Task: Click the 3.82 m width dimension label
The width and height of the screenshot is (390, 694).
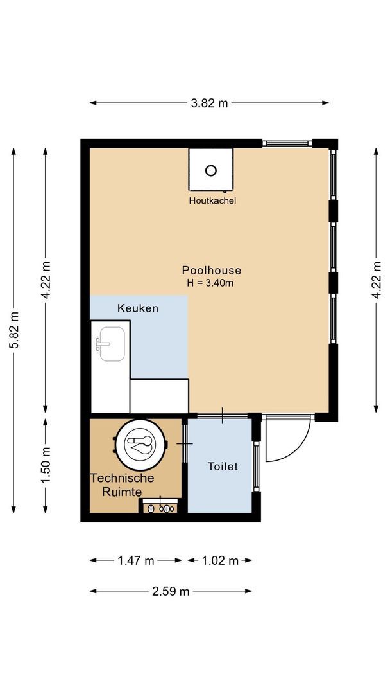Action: pos(209,103)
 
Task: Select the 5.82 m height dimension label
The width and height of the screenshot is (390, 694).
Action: pos(13,330)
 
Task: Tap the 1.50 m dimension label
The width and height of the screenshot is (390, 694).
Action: pos(45,466)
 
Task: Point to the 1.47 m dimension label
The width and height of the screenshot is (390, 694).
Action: pos(135,560)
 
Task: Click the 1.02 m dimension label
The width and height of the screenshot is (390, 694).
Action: pos(220,560)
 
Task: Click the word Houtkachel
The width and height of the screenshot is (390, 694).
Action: pos(212,200)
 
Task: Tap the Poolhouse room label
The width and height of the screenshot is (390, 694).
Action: pos(211,271)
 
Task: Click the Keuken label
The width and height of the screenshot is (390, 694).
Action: pos(137,308)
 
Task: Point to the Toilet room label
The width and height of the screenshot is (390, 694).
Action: pos(223,467)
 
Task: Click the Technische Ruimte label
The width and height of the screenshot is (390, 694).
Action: pos(122,485)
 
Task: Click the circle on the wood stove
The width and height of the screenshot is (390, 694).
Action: pos(211,170)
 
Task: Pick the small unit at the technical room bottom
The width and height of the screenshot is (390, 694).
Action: pos(160,506)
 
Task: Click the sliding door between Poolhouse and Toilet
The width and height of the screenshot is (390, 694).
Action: pos(222,416)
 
